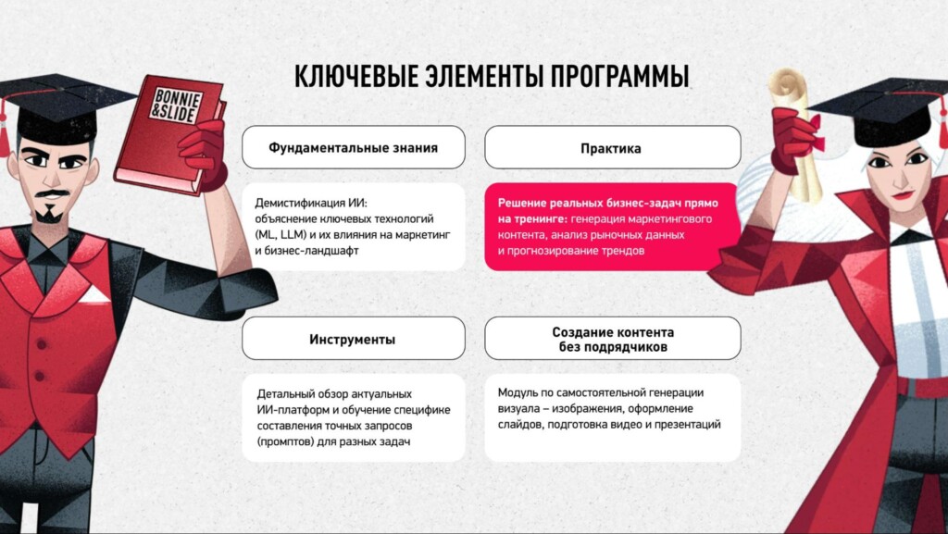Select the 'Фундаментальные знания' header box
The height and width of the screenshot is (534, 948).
pos(353,147)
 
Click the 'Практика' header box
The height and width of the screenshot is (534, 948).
pos(612,147)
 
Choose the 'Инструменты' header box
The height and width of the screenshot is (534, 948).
pos(353,339)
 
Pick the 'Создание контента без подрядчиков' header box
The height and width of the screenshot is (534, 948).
pos(612,339)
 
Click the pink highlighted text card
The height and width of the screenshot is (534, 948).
pos(612,226)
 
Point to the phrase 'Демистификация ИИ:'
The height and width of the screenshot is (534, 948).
pos(304,201)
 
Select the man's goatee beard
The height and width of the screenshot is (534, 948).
pos(51,212)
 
